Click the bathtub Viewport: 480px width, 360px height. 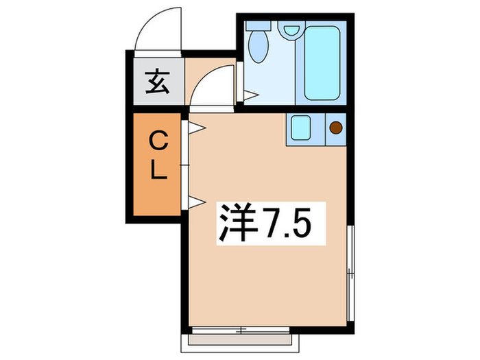(x=322, y=62)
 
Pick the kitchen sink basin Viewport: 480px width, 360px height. (x=300, y=128)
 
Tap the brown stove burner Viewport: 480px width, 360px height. (x=336, y=127)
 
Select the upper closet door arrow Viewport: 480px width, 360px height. (x=195, y=128)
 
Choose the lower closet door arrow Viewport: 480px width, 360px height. (x=195, y=201)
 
